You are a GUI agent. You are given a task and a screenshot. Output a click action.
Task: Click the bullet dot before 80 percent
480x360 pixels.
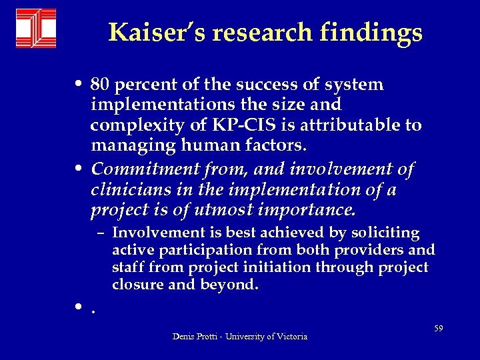[79, 86]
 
